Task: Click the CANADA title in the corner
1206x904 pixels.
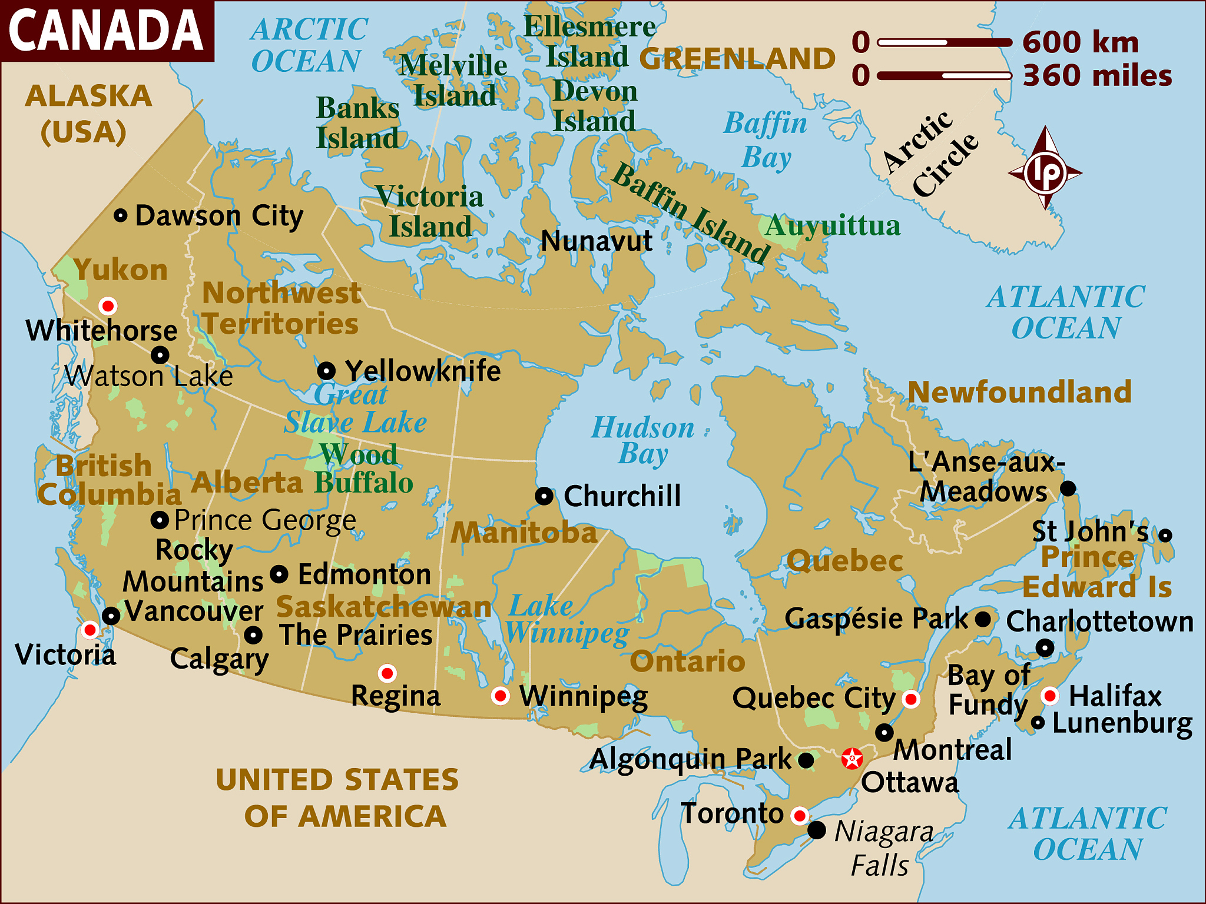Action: point(106,31)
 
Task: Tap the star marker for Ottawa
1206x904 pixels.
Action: point(852,759)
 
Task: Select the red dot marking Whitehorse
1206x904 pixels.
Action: point(108,306)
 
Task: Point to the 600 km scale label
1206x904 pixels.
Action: point(1080,42)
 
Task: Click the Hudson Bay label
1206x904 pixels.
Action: point(642,440)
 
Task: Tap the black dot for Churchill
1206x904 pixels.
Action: point(544,496)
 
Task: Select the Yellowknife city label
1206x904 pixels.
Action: point(422,371)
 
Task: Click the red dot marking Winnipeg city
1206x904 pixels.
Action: point(500,696)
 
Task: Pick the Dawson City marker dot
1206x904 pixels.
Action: point(120,215)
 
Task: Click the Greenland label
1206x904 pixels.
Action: point(737,58)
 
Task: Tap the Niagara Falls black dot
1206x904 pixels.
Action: point(816,830)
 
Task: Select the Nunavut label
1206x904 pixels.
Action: point(596,241)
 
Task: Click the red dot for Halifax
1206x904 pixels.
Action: point(1049,696)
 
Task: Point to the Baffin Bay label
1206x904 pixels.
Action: point(765,140)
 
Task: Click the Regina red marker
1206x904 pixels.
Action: point(387,673)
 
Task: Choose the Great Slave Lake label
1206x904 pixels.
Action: point(355,408)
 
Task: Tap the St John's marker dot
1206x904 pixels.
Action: point(1165,535)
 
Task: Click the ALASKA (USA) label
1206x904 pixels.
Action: point(88,114)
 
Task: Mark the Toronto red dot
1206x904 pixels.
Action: point(799,816)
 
